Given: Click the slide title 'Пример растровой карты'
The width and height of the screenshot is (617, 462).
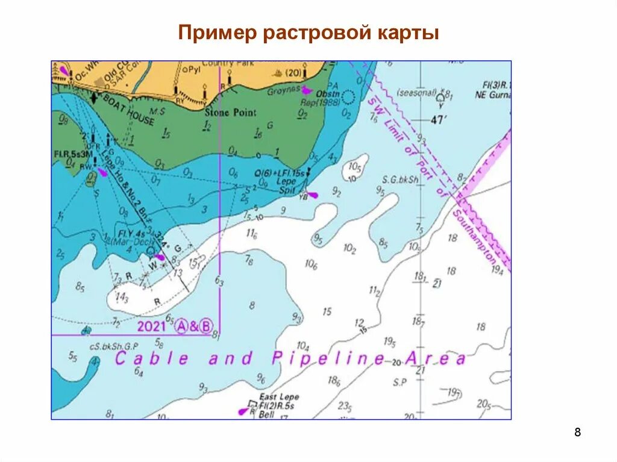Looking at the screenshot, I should coord(308,33).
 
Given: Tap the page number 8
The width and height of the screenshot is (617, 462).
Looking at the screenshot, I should coord(578,432).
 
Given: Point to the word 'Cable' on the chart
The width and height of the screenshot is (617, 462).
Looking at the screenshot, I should coord(152,359).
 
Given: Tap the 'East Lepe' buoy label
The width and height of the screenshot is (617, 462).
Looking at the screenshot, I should coord(279,397).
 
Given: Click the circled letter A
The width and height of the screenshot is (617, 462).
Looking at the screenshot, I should coord(183,326).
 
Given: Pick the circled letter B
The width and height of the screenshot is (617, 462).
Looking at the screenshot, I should coord(206,326).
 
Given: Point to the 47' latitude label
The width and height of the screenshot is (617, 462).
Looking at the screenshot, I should coord(439,120).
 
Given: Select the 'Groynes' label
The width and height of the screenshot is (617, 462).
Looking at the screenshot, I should coord(284,89).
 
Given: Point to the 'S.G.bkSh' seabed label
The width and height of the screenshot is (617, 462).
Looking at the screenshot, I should coord(400,179).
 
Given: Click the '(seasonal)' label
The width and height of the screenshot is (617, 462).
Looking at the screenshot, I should coord(416,93).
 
